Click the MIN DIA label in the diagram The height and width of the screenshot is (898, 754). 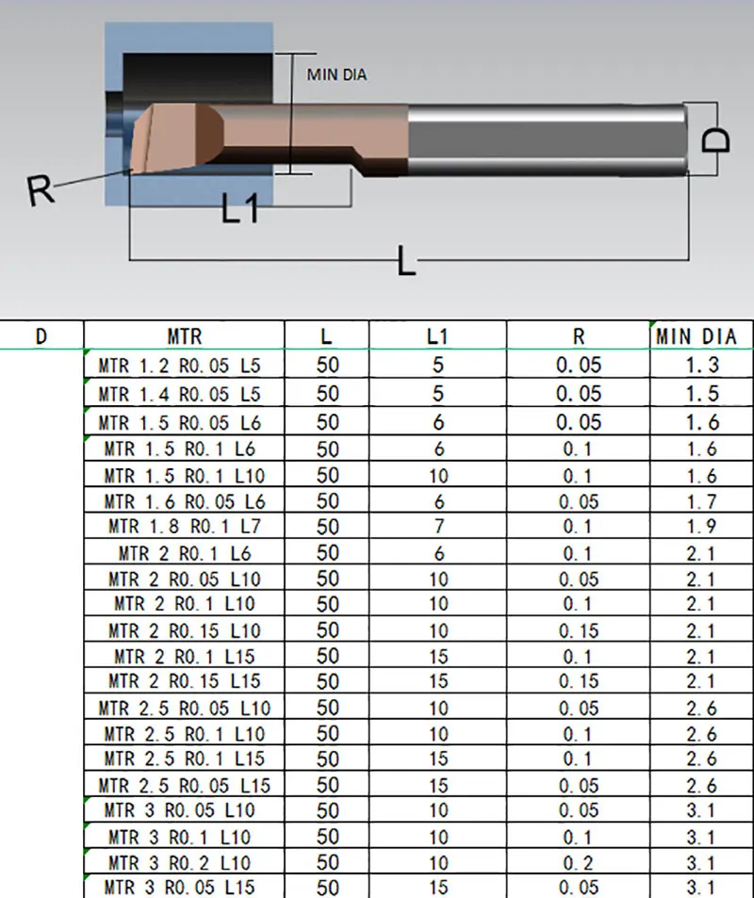click(336, 74)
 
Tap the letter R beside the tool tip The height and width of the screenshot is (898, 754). click(41, 189)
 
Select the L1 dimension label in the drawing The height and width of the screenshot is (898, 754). click(240, 208)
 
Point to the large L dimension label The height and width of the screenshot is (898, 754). click(405, 261)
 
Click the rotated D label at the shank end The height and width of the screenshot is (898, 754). click(716, 139)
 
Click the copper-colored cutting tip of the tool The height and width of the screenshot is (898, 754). click(177, 137)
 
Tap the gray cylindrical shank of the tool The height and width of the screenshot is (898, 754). click(548, 139)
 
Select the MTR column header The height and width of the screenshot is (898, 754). click(185, 336)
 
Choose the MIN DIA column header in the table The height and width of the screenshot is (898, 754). click(697, 336)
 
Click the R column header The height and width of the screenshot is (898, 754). click(579, 336)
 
